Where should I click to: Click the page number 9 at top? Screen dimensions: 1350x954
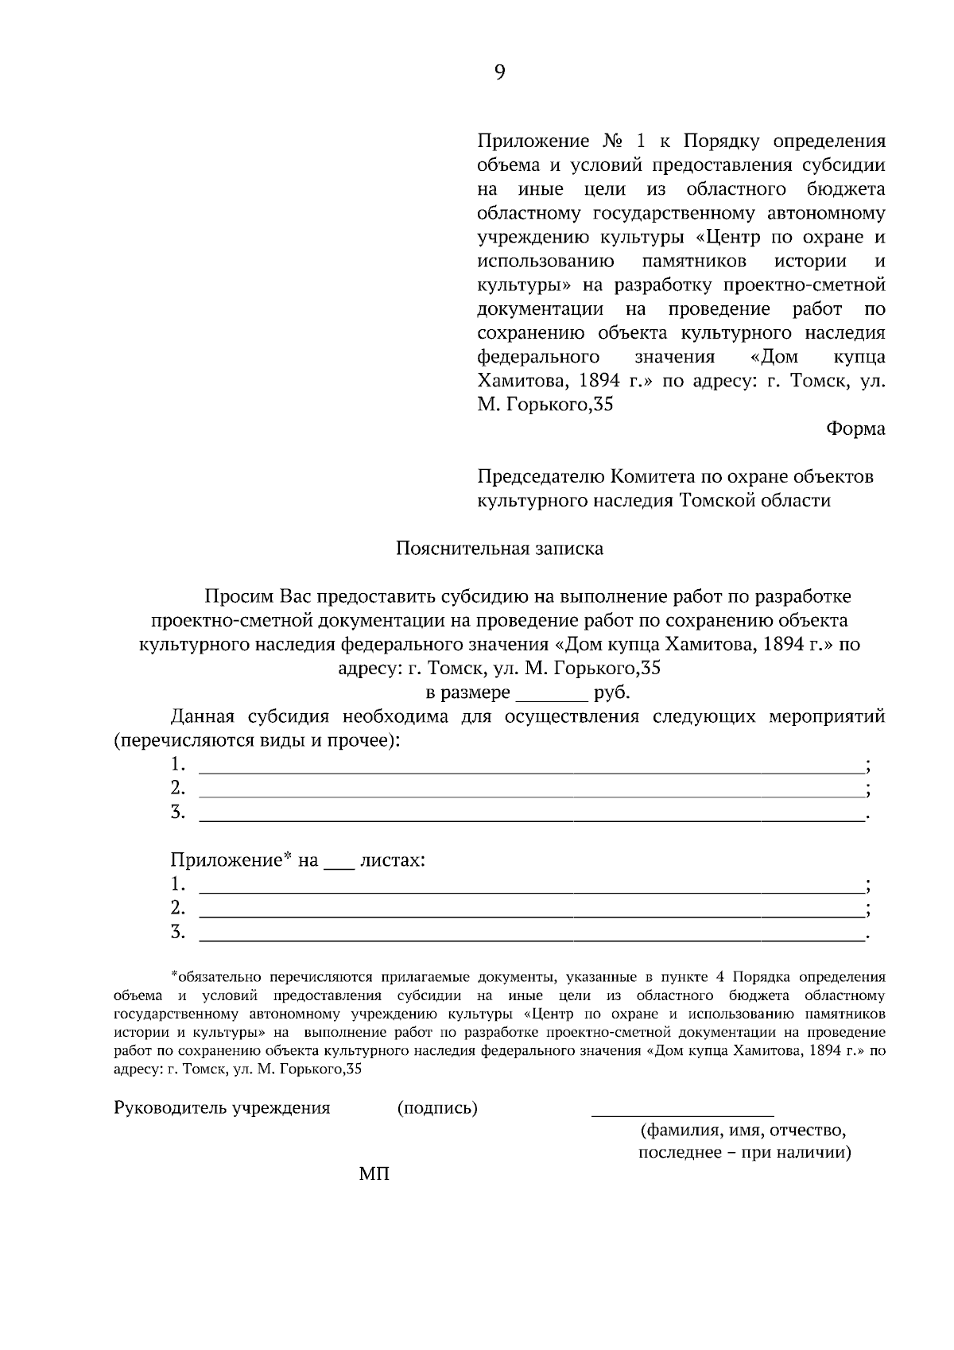499,73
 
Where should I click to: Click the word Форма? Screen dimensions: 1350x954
855,429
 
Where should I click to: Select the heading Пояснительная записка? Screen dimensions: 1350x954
499,549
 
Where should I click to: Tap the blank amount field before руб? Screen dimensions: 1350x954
552,694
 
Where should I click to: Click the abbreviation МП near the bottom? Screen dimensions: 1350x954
374,1174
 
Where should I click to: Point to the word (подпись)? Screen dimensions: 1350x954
437,1108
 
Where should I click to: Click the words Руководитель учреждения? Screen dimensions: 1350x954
222,1108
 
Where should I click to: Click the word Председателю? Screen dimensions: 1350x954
541,477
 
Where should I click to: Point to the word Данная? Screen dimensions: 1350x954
203,717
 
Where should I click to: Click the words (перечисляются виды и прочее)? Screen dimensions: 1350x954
257,741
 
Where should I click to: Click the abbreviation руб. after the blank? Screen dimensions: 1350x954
611,692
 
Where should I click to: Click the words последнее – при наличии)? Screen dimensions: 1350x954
744,1154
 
